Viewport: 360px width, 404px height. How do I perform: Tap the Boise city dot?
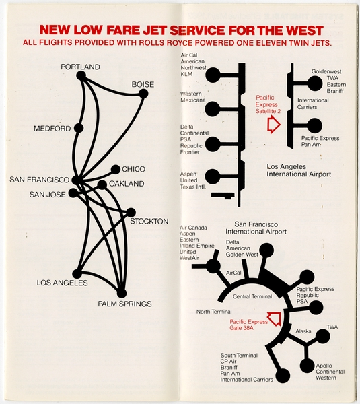click(143, 94)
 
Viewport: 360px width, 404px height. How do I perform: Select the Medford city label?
click(52, 129)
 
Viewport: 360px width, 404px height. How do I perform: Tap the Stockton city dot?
click(131, 211)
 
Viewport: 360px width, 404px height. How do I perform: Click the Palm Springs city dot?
click(122, 293)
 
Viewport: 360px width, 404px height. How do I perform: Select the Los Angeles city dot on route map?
click(77, 273)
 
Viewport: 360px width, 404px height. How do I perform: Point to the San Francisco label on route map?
click(40, 180)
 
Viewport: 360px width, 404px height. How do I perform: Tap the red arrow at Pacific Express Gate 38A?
click(274, 317)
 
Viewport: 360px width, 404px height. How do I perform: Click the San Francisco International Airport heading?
click(260, 228)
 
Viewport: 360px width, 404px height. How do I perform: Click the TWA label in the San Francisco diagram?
click(332, 327)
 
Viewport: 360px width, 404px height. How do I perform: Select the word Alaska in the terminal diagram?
click(304, 331)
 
